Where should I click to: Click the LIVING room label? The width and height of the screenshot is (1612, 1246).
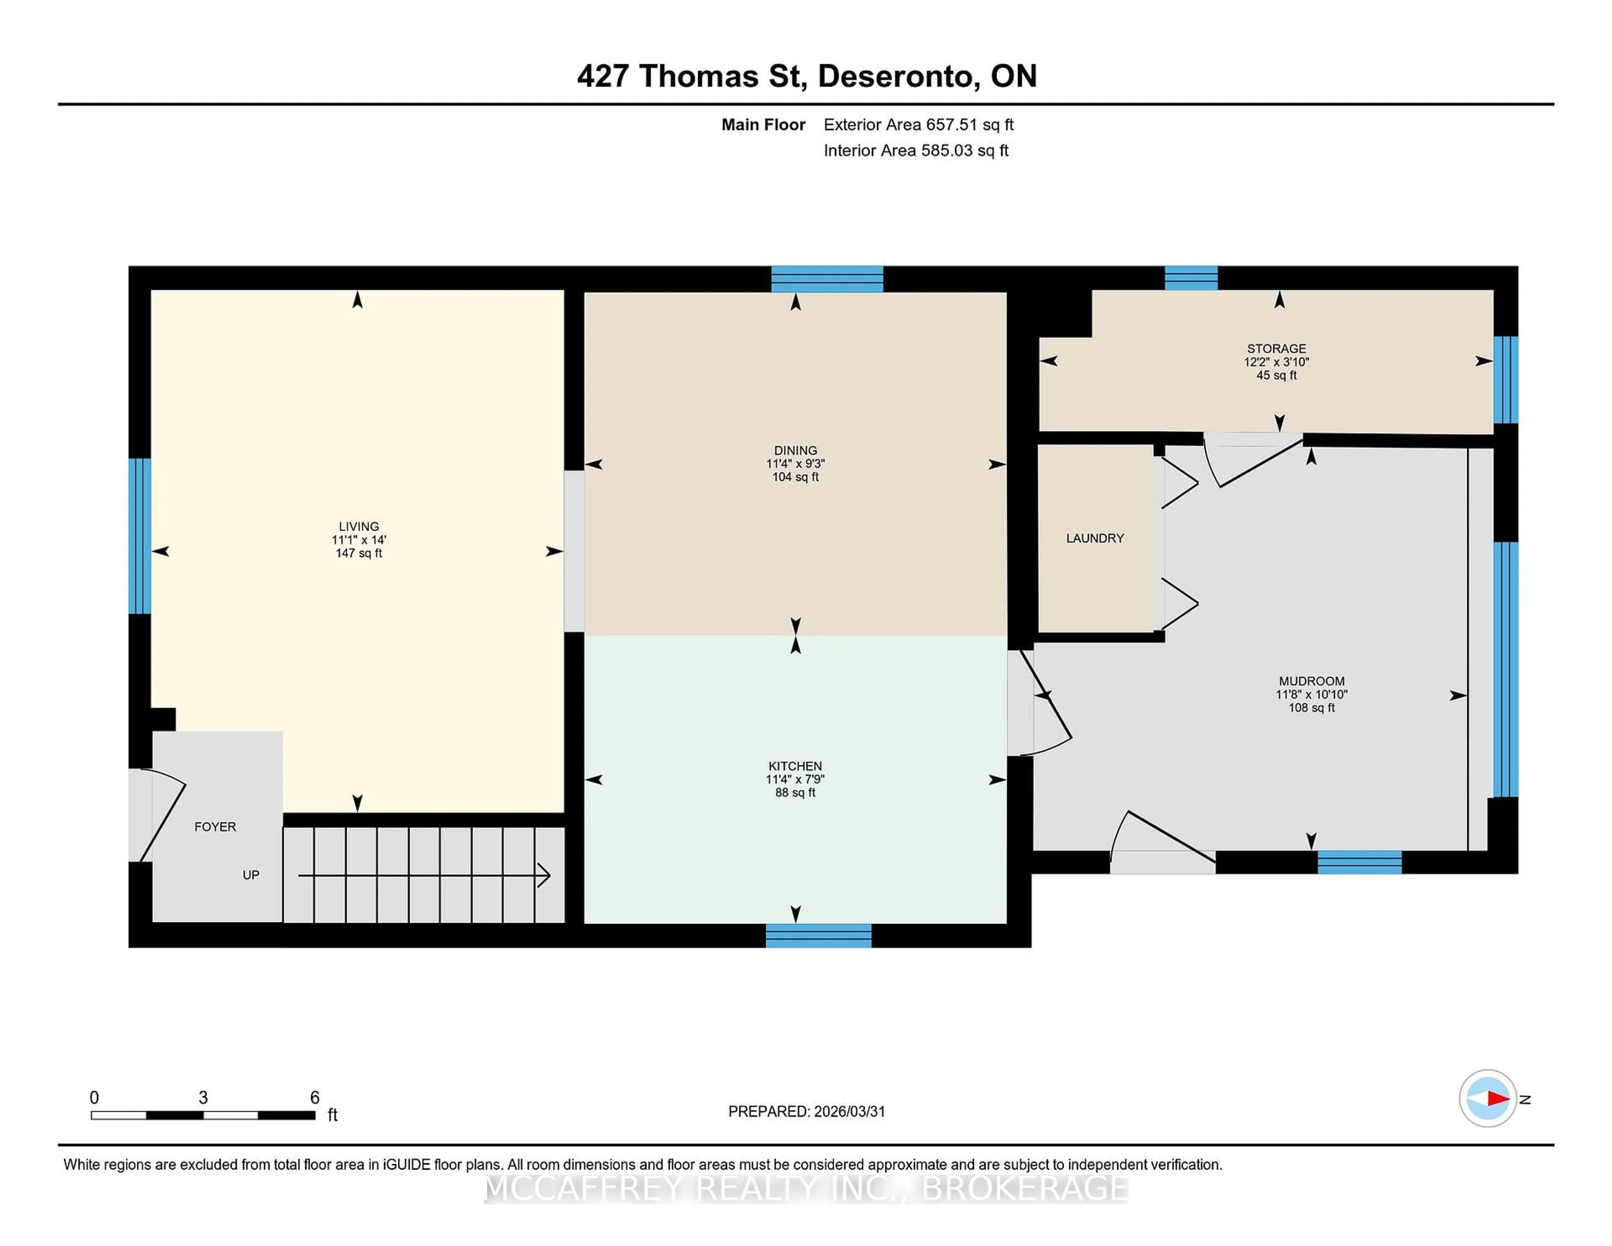click(x=359, y=526)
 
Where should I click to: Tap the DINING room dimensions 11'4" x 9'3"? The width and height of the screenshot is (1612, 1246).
click(x=795, y=463)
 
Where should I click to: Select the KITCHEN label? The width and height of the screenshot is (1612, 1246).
click(x=795, y=766)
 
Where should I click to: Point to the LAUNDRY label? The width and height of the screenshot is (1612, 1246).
click(x=1094, y=538)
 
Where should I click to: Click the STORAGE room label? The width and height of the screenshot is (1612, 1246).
click(x=1276, y=348)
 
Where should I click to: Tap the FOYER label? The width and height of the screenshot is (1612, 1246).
click(x=215, y=827)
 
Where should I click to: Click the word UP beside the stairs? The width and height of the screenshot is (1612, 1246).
click(x=251, y=875)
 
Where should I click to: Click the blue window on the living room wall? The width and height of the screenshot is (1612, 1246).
click(x=139, y=536)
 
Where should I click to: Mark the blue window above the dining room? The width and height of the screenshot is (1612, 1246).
click(x=827, y=279)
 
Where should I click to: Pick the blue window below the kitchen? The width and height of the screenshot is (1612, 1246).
click(x=818, y=935)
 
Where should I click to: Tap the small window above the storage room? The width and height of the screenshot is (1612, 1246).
click(x=1191, y=277)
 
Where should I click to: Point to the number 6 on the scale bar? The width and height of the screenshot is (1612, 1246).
click(x=314, y=1098)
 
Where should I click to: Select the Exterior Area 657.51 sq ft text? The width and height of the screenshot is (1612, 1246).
click(x=918, y=125)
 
